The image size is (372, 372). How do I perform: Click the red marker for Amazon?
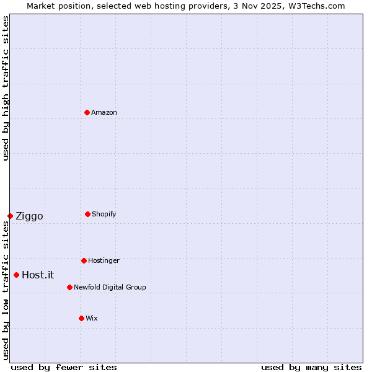[87, 112]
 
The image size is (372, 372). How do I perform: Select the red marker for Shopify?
[87, 214]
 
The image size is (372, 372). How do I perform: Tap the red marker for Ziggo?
[10, 216]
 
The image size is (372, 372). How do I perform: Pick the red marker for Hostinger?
[84, 260]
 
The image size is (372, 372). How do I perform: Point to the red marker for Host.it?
[16, 275]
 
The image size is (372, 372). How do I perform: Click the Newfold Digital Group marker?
[69, 287]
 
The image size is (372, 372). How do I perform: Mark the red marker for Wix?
[81, 318]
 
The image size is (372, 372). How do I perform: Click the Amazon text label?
[104, 112]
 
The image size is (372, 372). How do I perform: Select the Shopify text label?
[104, 214]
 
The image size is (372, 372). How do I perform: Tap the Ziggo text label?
[29, 216]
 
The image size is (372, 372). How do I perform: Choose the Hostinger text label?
[104, 260]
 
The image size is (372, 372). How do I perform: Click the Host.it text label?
[38, 275]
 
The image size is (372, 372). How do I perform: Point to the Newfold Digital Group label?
[110, 287]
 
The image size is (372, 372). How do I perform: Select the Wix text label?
[92, 318]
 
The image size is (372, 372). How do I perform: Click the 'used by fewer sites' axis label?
[64, 367]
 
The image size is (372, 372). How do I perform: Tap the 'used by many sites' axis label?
[311, 367]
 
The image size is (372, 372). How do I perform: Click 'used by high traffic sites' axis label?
[6, 88]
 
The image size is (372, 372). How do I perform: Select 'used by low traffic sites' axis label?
[6, 290]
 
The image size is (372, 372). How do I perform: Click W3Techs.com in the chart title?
[315, 6]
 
